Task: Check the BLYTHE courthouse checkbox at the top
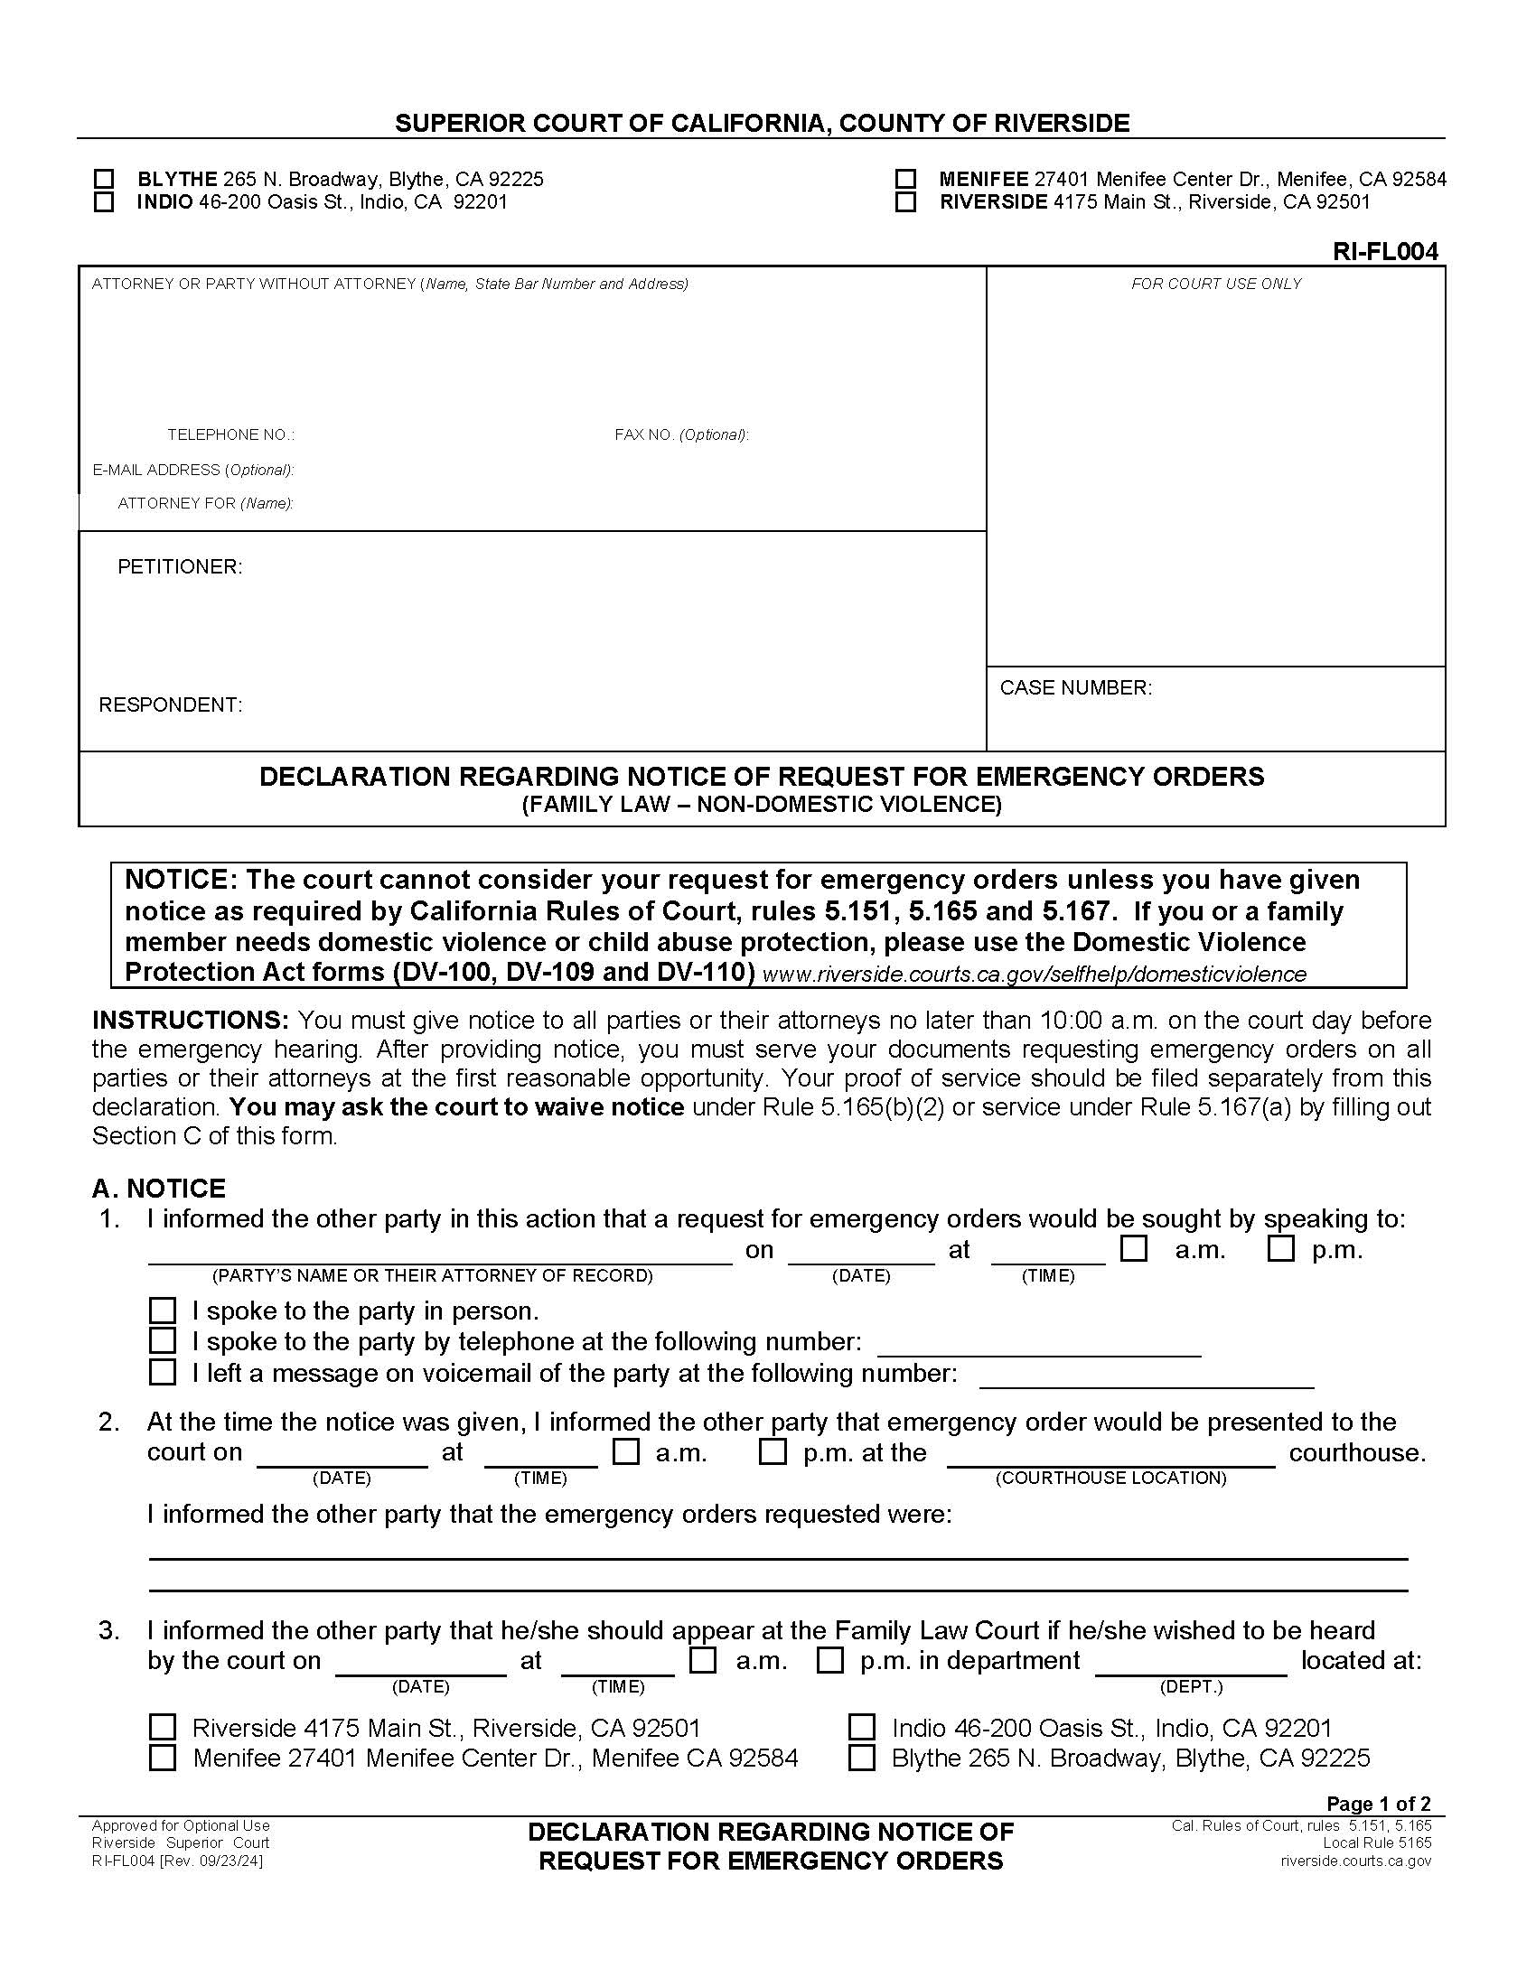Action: tap(105, 179)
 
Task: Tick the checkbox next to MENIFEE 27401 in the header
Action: tap(905, 179)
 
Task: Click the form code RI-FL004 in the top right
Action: tap(1385, 252)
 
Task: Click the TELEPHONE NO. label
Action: tap(230, 435)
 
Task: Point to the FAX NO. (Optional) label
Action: tap(680, 435)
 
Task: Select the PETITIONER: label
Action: tap(179, 567)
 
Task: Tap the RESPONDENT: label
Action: tap(170, 705)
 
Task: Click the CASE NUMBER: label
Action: tap(1075, 688)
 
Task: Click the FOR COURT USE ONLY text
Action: tap(1215, 284)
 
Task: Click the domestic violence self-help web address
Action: tap(1034, 975)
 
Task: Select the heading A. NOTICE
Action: tap(158, 1189)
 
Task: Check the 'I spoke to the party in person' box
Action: tap(162, 1311)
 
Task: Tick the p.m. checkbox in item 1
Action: tap(1280, 1249)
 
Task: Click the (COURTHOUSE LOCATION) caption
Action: tap(1110, 1478)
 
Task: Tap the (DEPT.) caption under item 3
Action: tap(1190, 1687)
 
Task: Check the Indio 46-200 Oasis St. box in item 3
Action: tap(861, 1727)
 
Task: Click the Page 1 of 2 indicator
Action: tap(1378, 1804)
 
